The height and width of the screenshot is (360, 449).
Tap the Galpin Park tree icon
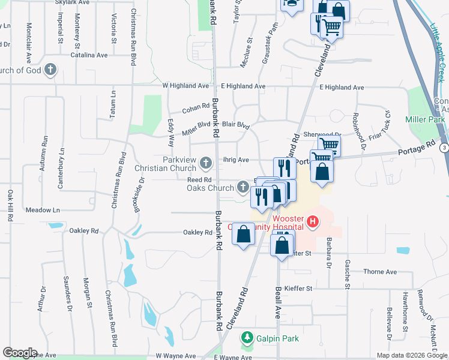coord(247,338)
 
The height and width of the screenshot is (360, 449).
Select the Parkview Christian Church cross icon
coord(206,163)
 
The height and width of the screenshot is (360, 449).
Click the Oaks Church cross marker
coord(243,187)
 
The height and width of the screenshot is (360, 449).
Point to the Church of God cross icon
coord(50,70)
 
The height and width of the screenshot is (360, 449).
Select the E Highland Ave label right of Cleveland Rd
coord(342,87)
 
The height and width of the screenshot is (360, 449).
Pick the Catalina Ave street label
coord(88,55)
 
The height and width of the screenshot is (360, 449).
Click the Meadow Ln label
coord(43,210)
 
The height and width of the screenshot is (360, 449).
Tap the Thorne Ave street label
coord(380,272)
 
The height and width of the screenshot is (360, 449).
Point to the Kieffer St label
coord(298,289)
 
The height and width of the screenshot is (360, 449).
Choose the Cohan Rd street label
coord(196,109)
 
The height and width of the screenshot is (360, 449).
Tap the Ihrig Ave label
coord(235,160)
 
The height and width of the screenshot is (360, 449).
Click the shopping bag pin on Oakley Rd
coord(244,235)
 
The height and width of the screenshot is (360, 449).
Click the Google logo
coord(19,352)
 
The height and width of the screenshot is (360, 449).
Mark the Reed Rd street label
coord(199,180)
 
